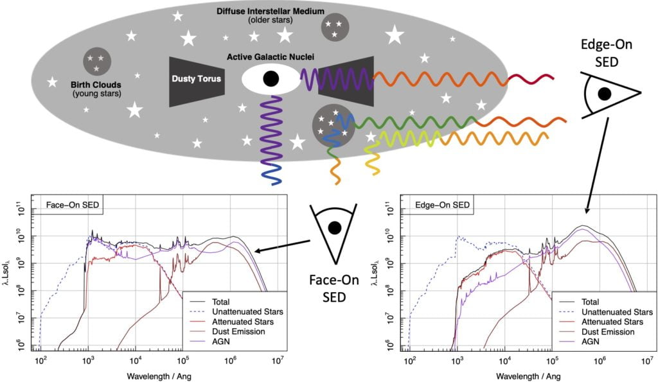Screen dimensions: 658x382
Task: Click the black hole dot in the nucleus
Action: pos(271,78)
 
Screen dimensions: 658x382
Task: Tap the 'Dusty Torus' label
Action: pos(196,78)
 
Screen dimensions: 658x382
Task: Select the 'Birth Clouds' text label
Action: pos(96,85)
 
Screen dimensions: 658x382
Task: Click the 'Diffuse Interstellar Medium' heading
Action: pos(271,11)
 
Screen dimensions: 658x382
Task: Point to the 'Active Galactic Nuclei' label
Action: pos(271,56)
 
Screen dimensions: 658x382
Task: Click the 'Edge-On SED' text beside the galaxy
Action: pos(607,53)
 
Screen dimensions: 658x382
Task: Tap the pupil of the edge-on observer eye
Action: pos(604,94)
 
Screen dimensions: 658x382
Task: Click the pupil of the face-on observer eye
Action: pos(334,228)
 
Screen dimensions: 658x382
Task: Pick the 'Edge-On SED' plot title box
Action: pos(442,205)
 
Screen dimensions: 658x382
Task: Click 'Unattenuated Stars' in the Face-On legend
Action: pos(247,312)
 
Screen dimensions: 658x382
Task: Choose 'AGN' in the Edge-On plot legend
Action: pos(591,342)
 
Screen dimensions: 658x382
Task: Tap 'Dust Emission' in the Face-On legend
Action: pos(238,332)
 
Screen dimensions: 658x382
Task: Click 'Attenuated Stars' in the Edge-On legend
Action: pos(612,322)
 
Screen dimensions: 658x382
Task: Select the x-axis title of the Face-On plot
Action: pos(159,376)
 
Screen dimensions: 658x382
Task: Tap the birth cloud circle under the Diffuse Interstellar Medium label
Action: pos(335,28)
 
